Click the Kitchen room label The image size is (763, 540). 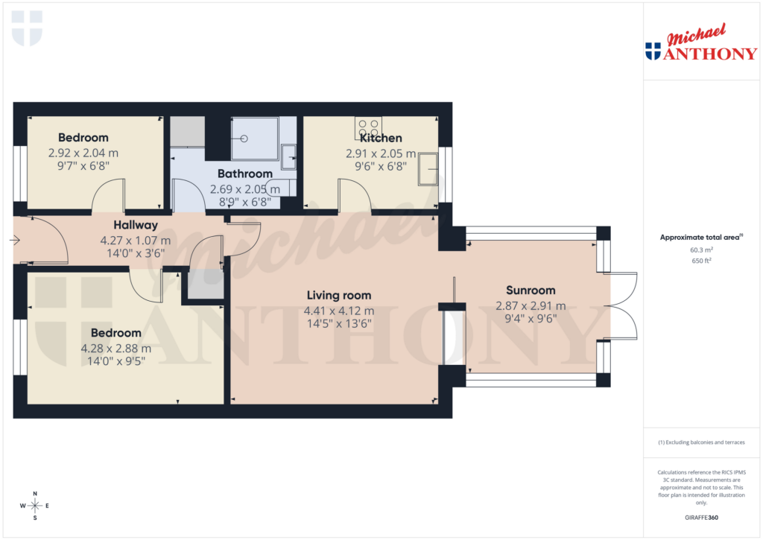381,138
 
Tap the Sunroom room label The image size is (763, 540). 531,290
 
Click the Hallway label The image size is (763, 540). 136,225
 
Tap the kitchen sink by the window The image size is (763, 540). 428,168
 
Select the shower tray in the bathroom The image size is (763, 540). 254,139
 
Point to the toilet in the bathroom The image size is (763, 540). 282,187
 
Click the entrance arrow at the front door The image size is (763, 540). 14,240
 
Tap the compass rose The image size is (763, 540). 34,506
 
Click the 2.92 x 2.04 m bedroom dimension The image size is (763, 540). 83,153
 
